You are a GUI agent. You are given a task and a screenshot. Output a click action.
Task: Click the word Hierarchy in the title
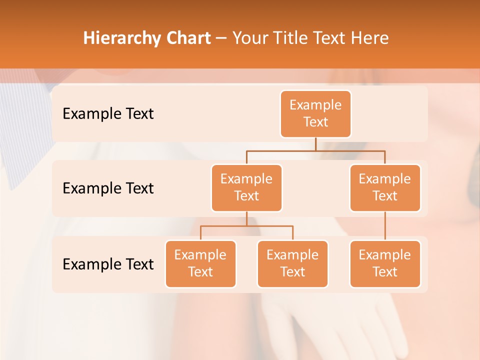(119, 38)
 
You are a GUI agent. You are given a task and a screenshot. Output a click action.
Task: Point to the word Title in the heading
(294, 38)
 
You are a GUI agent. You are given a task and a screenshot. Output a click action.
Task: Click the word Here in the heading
(370, 38)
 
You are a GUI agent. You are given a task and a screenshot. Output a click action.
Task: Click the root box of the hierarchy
(315, 114)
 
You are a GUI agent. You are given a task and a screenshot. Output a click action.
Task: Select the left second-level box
(246, 188)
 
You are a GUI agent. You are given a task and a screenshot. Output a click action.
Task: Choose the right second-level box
(385, 188)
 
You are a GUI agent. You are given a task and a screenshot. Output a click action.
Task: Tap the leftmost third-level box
(200, 264)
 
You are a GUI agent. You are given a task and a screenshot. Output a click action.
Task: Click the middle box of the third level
(292, 264)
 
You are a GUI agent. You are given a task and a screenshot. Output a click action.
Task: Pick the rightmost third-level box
(385, 264)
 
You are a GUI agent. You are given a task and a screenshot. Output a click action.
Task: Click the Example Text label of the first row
(108, 114)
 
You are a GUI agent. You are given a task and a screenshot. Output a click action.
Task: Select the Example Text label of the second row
(108, 188)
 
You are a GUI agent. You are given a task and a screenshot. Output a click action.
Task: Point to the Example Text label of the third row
(108, 264)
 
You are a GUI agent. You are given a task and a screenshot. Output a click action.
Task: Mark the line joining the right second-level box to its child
(385, 226)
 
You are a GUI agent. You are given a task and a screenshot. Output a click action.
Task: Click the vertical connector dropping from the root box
(315, 144)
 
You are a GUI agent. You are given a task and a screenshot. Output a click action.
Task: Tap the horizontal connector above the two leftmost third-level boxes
(246, 226)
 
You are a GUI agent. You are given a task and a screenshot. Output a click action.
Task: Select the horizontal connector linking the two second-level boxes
(315, 150)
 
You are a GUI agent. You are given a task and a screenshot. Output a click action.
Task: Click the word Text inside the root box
(315, 122)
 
